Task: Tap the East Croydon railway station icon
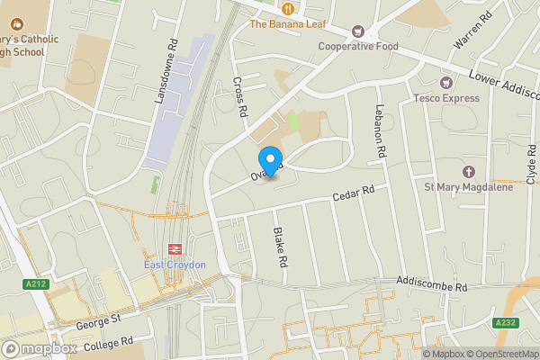tap(175, 248)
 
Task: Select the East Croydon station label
tap(175, 265)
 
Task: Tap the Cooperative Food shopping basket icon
tap(357, 31)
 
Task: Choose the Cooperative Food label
tap(357, 46)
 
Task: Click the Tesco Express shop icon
tap(445, 82)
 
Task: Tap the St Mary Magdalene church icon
tap(467, 171)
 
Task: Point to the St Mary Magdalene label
tap(467, 187)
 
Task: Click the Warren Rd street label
tap(472, 30)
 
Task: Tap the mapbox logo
tap(39, 348)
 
